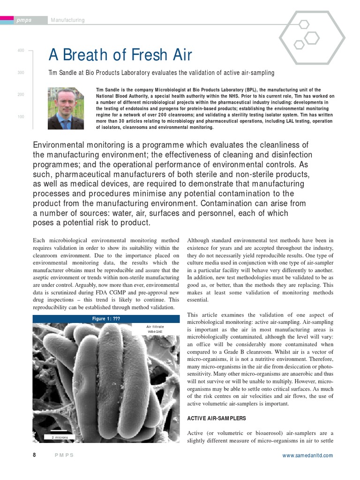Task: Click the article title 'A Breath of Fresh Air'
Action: click(x=120, y=55)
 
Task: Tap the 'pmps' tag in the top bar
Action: click(x=24, y=20)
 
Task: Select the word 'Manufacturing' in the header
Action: click(x=67, y=20)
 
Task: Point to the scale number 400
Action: click(x=21, y=51)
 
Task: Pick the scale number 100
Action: click(x=21, y=117)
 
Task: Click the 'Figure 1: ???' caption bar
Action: click(x=106, y=319)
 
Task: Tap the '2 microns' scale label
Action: click(x=60, y=437)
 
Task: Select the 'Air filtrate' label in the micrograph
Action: click(x=155, y=326)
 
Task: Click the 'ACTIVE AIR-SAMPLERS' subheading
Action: click(x=216, y=418)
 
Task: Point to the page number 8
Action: click(x=34, y=455)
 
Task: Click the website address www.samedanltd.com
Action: click(x=307, y=456)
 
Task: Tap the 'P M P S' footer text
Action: click(x=64, y=456)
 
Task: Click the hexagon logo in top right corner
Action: click(x=312, y=37)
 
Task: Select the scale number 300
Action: click(x=21, y=73)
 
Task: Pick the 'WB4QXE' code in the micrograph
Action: click(x=155, y=332)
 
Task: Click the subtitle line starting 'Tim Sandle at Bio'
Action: click(x=161, y=73)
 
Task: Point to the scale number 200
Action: click(x=21, y=95)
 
